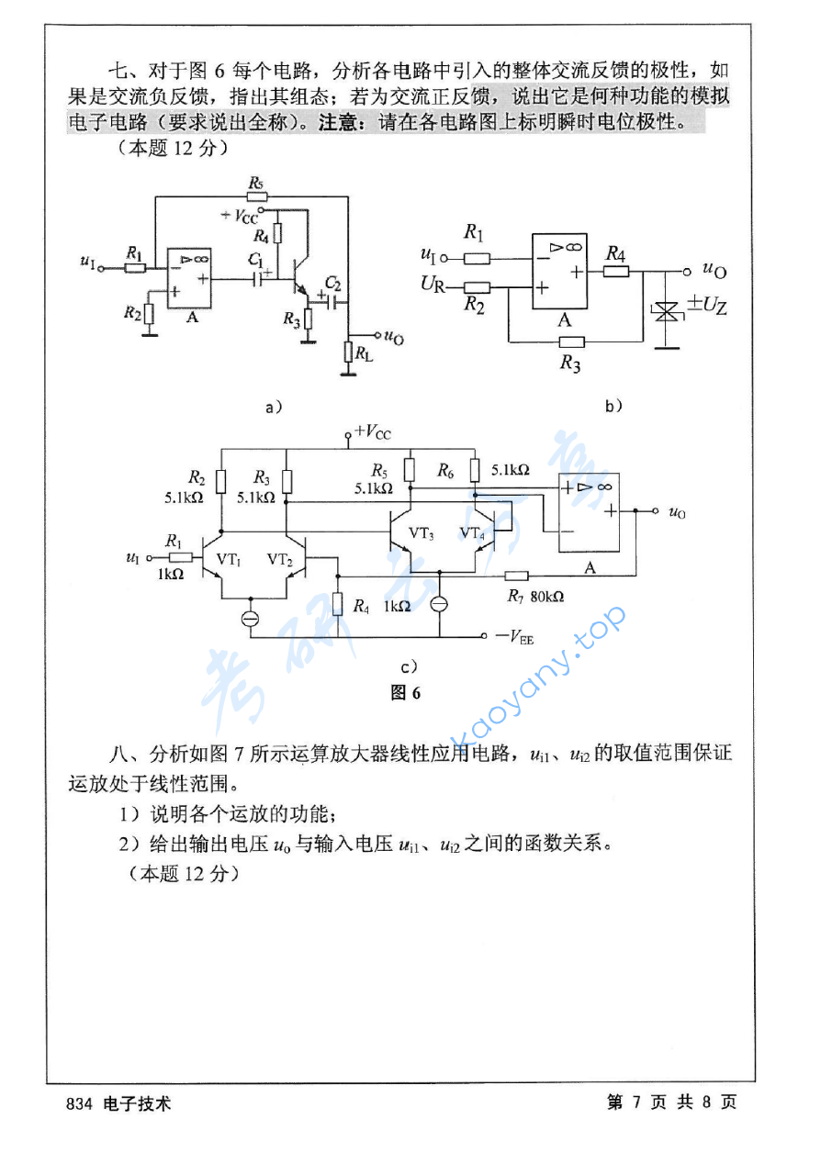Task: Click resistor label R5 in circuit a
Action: pos(256,183)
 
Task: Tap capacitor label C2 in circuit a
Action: pos(332,281)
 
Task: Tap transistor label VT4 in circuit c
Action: pos(472,533)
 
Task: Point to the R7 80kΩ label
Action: pos(535,596)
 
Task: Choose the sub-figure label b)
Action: pos(613,405)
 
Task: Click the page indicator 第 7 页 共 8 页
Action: pos(671,1102)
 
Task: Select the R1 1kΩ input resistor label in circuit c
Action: pos(174,555)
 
